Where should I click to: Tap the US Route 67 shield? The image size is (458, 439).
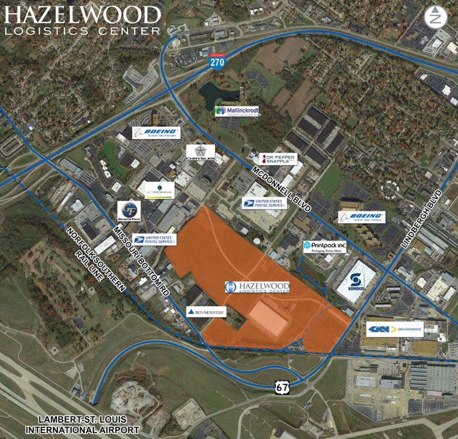pos(281,387)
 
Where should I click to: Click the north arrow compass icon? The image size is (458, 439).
pos(435,17)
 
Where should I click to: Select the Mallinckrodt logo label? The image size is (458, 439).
pos(237,112)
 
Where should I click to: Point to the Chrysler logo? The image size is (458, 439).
pos(200,152)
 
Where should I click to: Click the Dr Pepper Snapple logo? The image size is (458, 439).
pos(278,159)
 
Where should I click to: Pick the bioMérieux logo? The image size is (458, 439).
pos(159,190)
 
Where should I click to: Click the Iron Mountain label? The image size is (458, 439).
pos(206,312)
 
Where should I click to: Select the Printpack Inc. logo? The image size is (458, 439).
pos(325,246)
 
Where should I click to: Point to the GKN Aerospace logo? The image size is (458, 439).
pos(395,330)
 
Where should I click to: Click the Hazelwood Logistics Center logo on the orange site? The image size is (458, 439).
pos(257,287)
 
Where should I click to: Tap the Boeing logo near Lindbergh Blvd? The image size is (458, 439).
pos(362,217)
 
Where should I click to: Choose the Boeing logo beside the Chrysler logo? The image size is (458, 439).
pos(156,133)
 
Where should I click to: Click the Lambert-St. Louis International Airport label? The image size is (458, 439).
pos(83,425)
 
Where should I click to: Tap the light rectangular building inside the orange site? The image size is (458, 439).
pos(268,318)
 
